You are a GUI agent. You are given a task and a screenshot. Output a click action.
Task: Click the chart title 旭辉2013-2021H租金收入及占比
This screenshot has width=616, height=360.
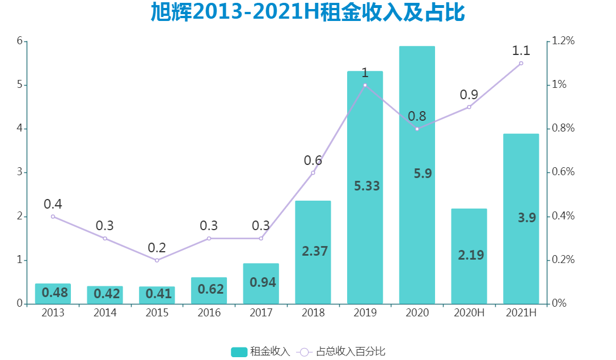[308, 12]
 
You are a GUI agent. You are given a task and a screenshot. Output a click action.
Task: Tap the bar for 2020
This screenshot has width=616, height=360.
[417, 227]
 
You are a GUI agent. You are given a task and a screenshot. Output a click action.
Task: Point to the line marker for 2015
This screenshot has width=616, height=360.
[157, 260]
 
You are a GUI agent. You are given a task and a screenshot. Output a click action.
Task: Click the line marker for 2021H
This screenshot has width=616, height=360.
[521, 63]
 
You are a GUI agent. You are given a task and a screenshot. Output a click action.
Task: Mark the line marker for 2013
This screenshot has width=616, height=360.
[53, 217]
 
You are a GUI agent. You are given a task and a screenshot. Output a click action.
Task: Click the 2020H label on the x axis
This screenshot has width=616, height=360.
[469, 313]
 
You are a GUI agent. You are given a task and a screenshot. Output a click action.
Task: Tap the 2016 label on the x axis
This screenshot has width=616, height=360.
[209, 313]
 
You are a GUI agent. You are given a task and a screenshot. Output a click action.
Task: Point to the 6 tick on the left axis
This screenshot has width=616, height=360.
[19, 41]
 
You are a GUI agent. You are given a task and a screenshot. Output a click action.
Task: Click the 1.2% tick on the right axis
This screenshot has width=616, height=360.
[564, 41]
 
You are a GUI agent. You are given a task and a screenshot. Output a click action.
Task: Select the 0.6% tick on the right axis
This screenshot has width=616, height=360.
[564, 172]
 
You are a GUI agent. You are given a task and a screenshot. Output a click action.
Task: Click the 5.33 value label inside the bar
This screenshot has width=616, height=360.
[366, 186]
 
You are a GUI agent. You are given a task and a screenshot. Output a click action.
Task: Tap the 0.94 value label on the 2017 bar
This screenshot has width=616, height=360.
[263, 282]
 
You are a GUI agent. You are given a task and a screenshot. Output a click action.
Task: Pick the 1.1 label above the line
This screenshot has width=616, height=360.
[521, 50]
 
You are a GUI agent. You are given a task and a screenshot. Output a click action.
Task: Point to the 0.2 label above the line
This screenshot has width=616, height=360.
[157, 248]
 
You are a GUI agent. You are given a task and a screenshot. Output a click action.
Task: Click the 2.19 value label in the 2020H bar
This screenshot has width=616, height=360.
[471, 255]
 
